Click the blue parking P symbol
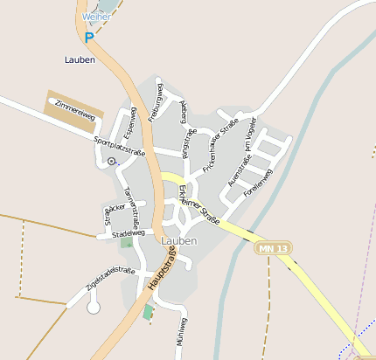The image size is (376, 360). click(x=89, y=37)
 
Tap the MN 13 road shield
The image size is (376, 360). click(x=273, y=249)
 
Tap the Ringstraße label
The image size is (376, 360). click(x=187, y=142)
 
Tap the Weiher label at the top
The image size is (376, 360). click(x=96, y=17)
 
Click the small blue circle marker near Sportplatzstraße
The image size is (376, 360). click(x=111, y=162)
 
